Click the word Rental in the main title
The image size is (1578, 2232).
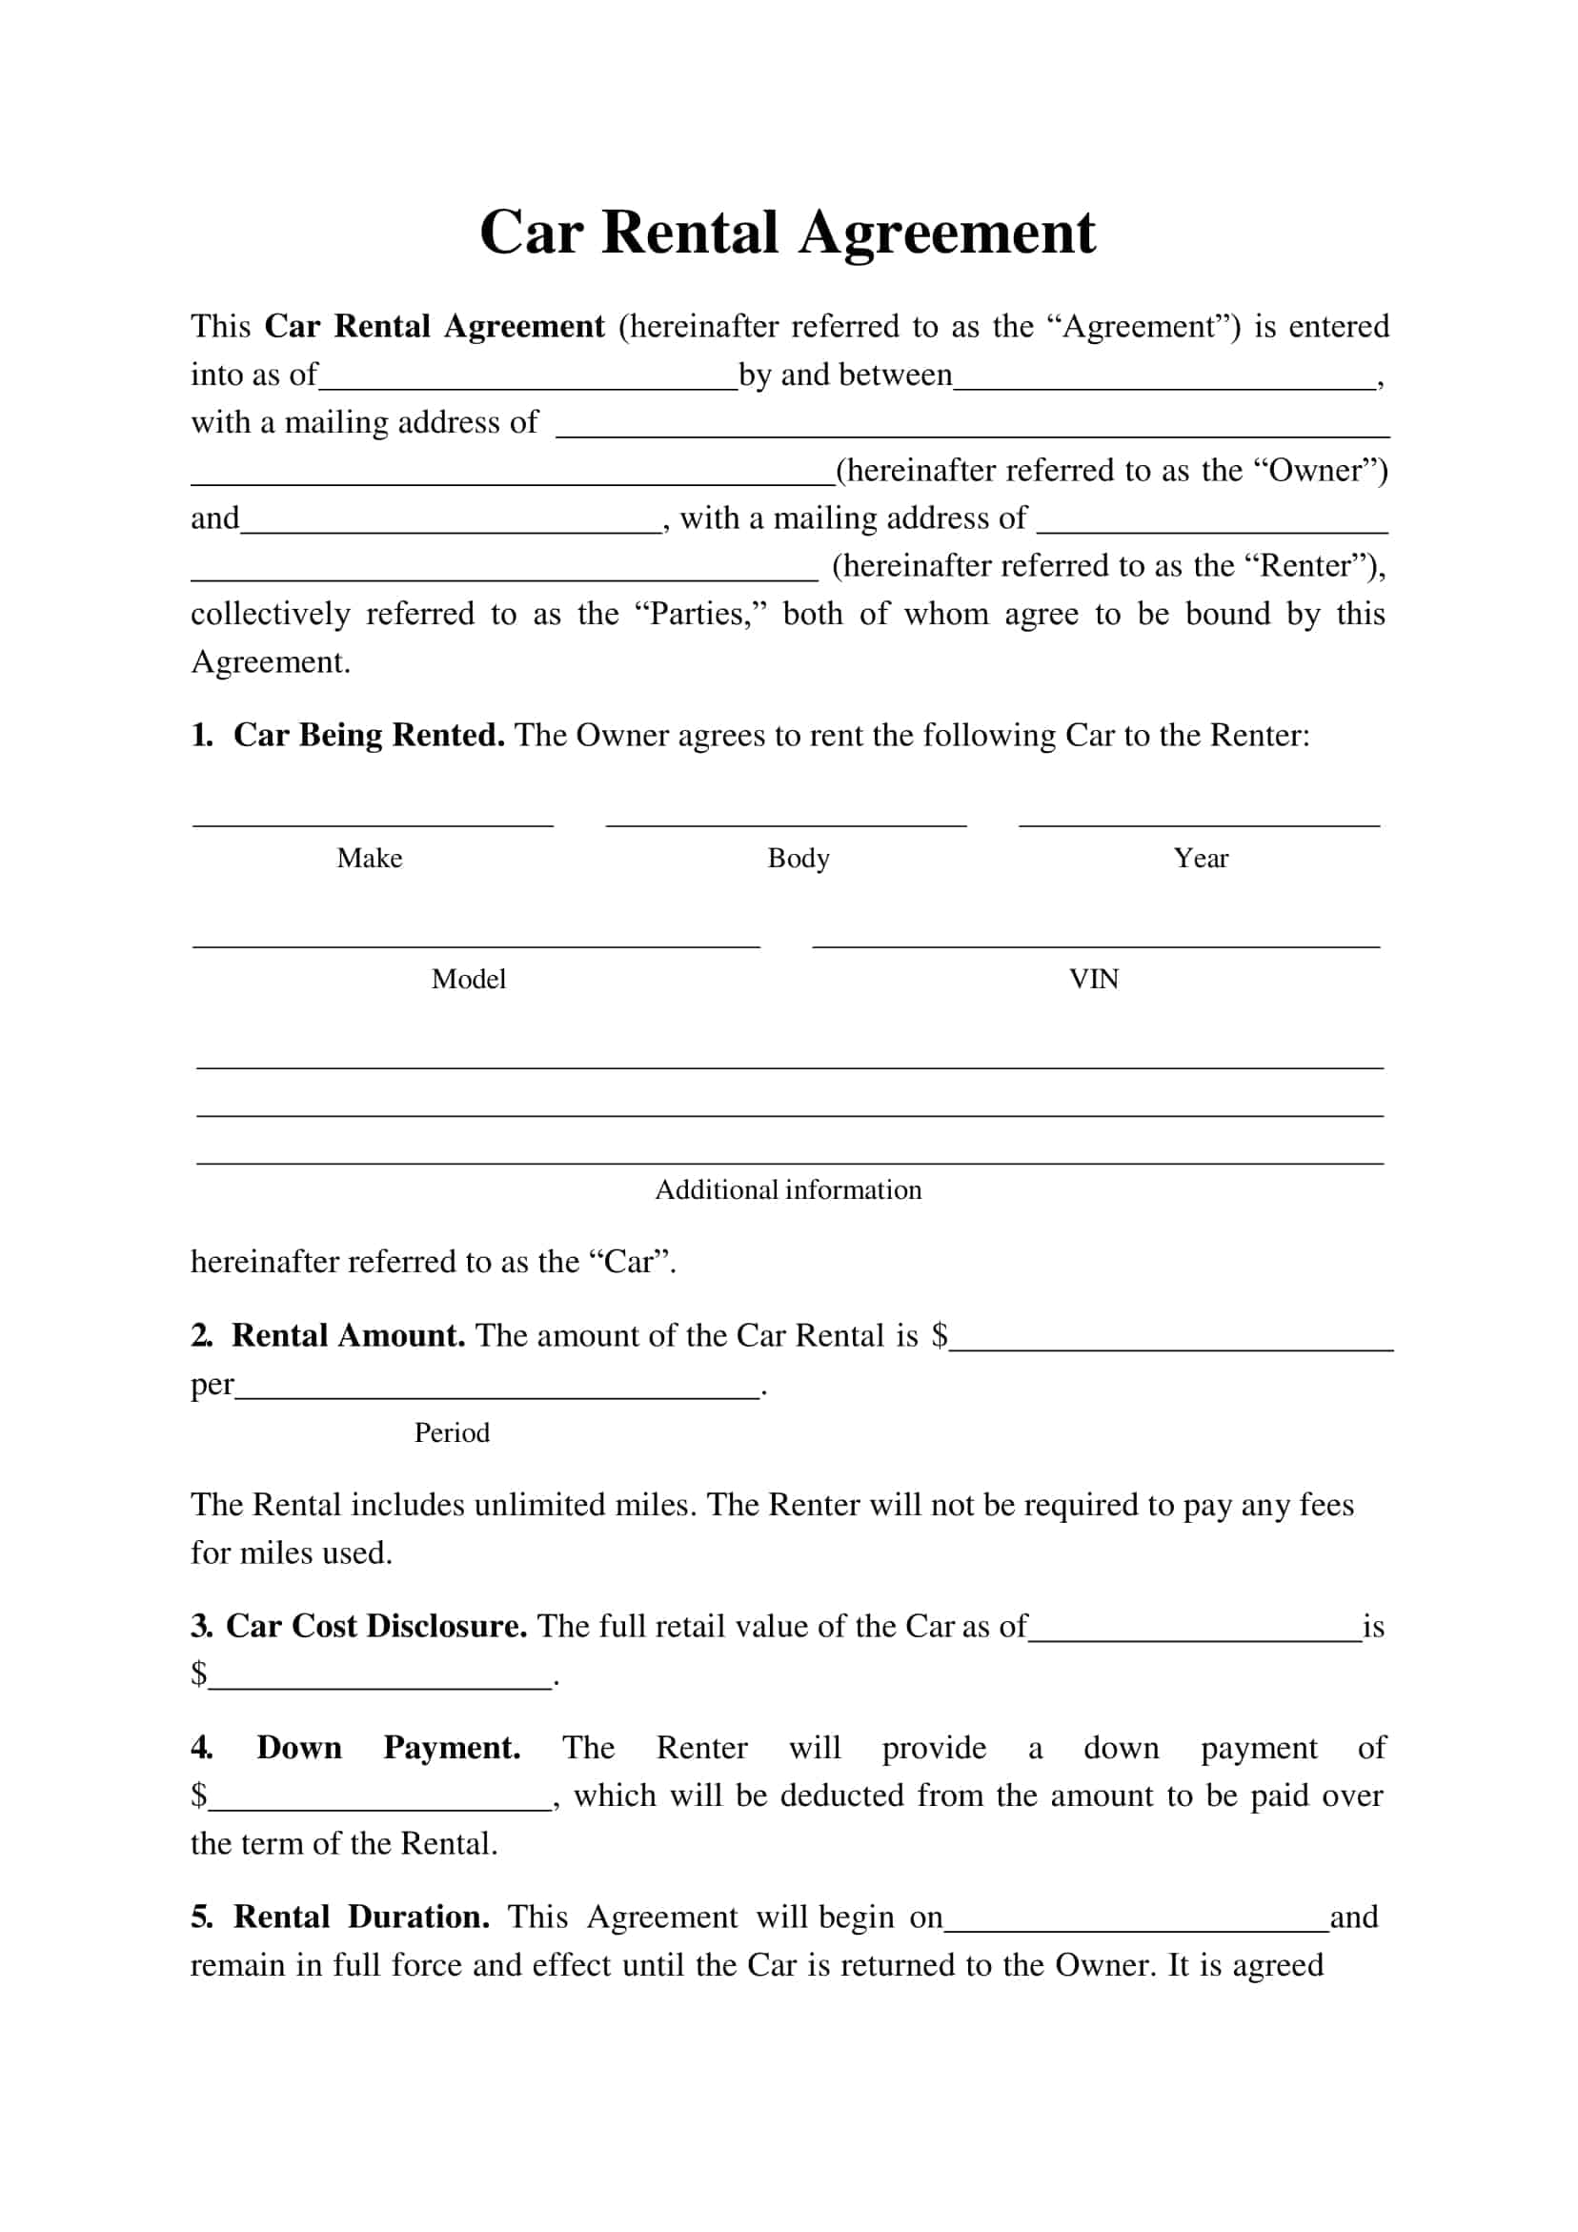pyautogui.click(x=689, y=233)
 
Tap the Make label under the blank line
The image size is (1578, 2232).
pyautogui.click(x=370, y=859)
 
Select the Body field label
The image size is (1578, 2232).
pyautogui.click(x=799, y=859)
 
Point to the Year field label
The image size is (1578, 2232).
pyautogui.click(x=1200, y=859)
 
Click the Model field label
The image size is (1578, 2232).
pyautogui.click(x=469, y=979)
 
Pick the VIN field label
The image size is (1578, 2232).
pyautogui.click(x=1094, y=979)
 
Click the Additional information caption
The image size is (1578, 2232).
pyautogui.click(x=787, y=1190)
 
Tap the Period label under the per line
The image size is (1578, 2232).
pyautogui.click(x=451, y=1433)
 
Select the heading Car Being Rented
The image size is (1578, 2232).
pyautogui.click(x=369, y=736)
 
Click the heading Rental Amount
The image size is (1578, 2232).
pyautogui.click(x=348, y=1336)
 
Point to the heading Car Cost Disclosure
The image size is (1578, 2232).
pyautogui.click(x=376, y=1627)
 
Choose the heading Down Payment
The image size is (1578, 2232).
pyautogui.click(x=388, y=1748)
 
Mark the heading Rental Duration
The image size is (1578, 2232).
pyautogui.click(x=361, y=1917)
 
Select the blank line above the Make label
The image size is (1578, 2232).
pyautogui.click(x=373, y=824)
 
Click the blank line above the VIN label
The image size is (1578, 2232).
pyautogui.click(x=1096, y=944)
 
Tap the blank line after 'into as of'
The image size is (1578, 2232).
pyautogui.click(x=528, y=388)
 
